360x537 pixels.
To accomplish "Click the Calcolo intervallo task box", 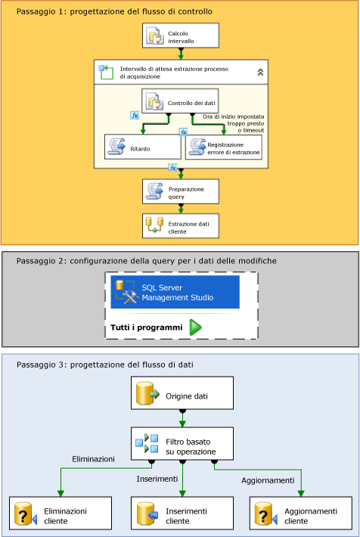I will tap(180, 35).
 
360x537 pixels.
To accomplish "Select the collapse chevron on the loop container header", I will tap(260, 73).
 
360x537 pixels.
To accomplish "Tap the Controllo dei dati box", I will tap(180, 102).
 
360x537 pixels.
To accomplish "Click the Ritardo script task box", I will tap(142, 147).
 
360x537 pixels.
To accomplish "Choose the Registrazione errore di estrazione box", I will tap(224, 147).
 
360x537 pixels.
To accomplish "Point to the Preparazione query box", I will tap(180, 191).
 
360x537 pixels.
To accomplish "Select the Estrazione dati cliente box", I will tap(180, 225).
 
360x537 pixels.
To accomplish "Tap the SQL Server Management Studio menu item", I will tap(175, 293).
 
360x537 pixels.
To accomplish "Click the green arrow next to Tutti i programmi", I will tap(195, 327).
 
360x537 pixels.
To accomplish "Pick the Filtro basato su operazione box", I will tap(182, 445).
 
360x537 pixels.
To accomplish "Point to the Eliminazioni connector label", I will tap(93, 459).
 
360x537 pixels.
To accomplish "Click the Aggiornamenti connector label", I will tap(267, 480).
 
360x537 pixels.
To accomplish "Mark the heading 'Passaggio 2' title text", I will tap(146, 260).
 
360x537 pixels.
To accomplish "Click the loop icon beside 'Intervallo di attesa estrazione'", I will tap(106, 73).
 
